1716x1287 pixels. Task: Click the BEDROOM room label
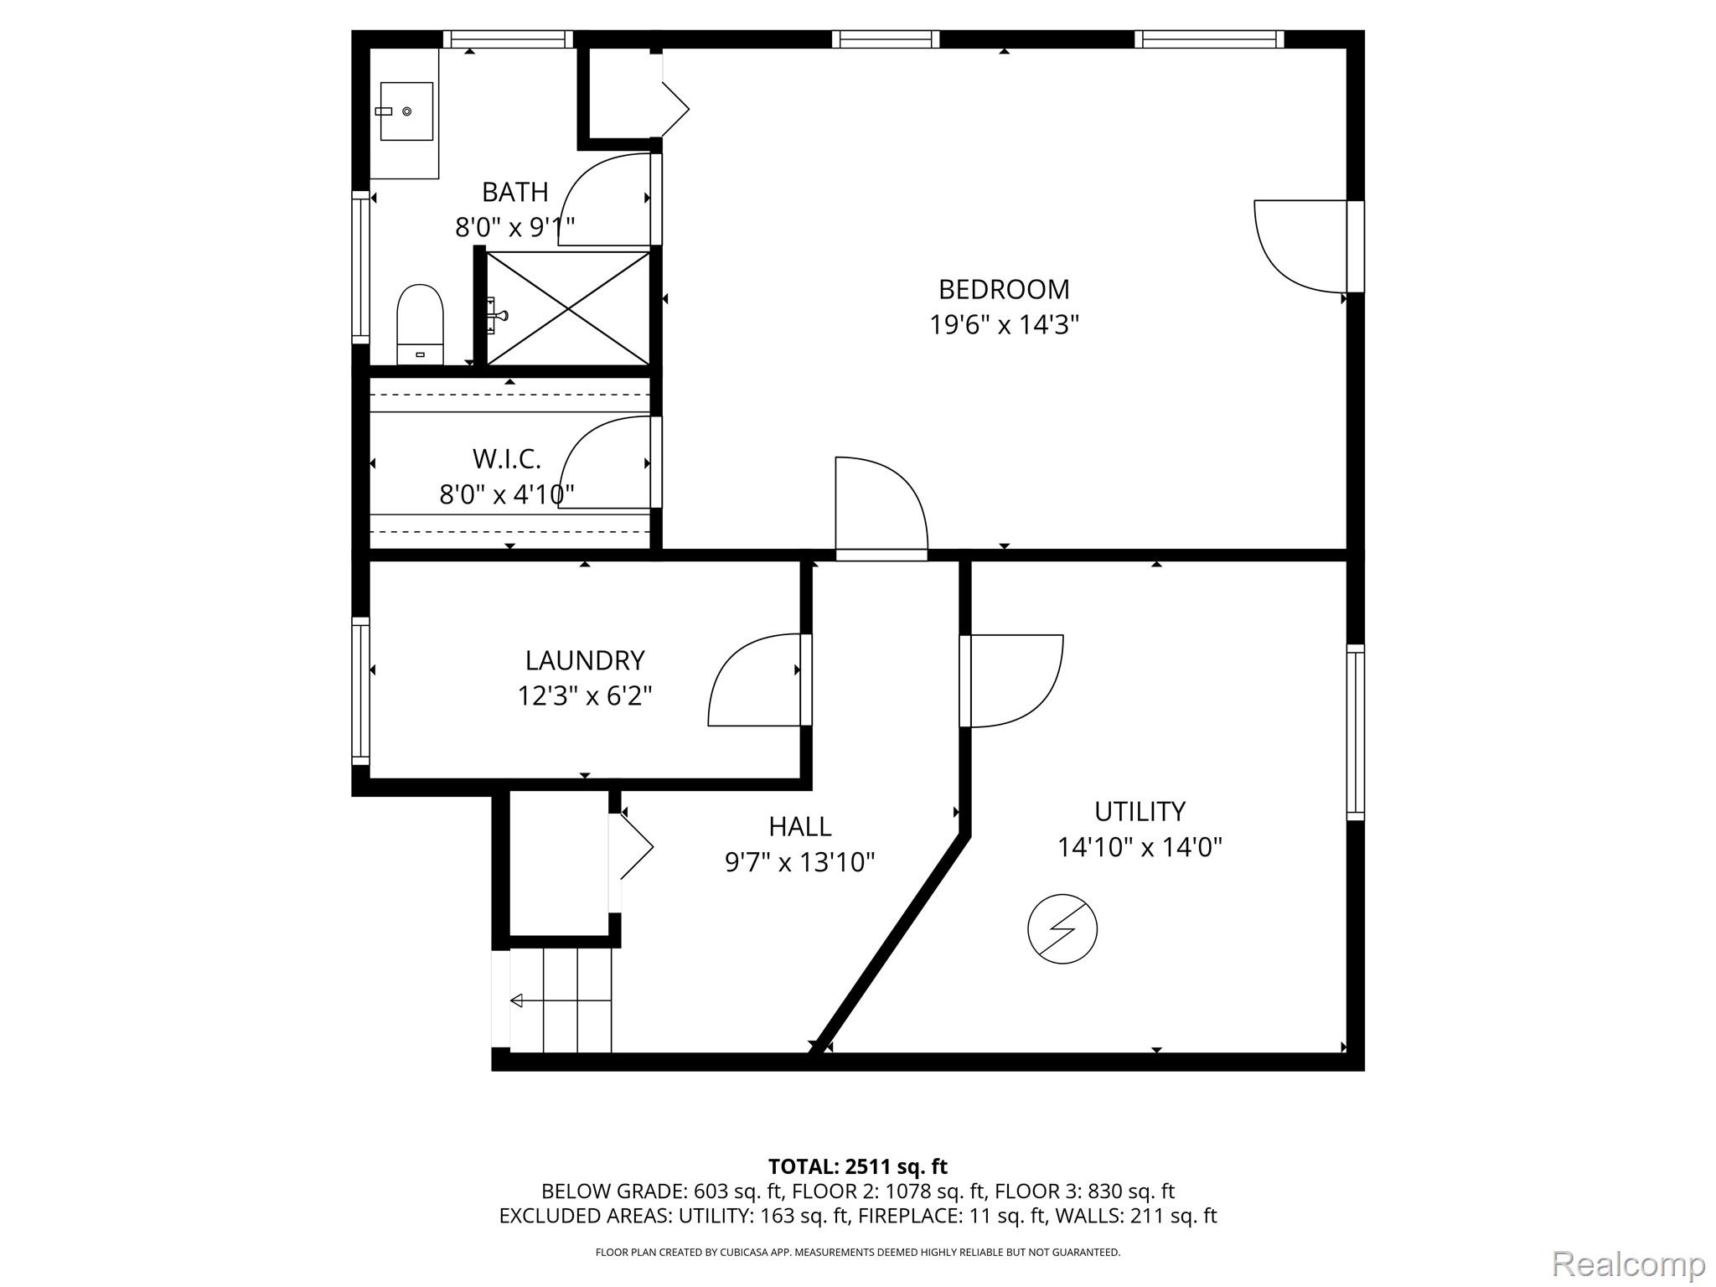coord(1004,289)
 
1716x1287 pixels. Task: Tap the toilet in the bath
coord(420,324)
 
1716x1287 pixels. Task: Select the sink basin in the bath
coord(406,111)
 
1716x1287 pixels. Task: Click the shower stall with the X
coord(568,308)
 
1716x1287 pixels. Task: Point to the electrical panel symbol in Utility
coord(1062,928)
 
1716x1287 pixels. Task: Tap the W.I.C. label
coord(507,459)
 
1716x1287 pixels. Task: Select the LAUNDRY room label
coord(585,660)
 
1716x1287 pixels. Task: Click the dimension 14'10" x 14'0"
coord(1140,847)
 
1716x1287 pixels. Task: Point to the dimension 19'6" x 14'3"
coord(1004,324)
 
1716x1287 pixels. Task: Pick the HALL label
coord(800,827)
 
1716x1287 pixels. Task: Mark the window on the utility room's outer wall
coord(1356,732)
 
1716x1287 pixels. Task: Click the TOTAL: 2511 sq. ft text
coord(858,1166)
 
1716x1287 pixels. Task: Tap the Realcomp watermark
coord(1629,1264)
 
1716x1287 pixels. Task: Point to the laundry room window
coord(360,691)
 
